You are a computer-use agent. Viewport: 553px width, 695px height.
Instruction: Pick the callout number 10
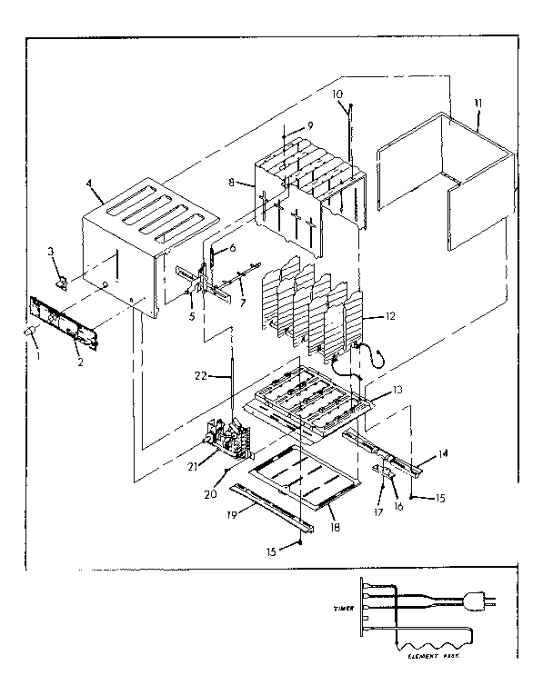[337, 94]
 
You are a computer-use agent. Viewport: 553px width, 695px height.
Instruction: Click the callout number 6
[232, 248]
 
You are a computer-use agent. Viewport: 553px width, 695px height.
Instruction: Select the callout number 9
[309, 124]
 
